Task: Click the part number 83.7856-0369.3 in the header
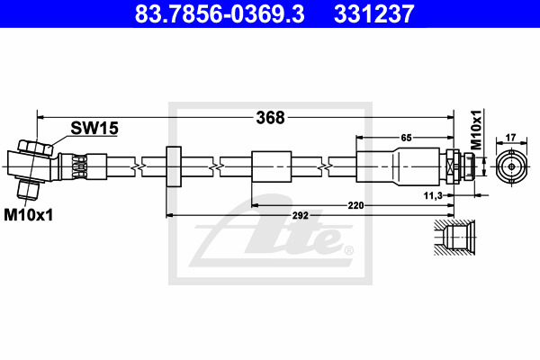(220, 13)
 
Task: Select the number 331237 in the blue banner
(374, 13)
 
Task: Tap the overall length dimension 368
(270, 118)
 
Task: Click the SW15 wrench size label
(94, 128)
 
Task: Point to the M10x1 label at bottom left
(29, 215)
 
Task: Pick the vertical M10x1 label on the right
(476, 130)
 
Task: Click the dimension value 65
(407, 138)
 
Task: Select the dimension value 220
(355, 206)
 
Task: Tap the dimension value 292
(301, 216)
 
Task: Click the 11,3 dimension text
(433, 195)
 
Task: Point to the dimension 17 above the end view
(510, 138)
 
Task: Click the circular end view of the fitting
(512, 166)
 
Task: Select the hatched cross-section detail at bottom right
(454, 238)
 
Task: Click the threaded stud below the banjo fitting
(28, 190)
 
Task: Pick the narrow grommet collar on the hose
(174, 166)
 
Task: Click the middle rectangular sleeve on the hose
(272, 166)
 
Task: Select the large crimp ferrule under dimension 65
(398, 166)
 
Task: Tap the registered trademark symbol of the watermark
(349, 250)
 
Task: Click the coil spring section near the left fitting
(79, 166)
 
